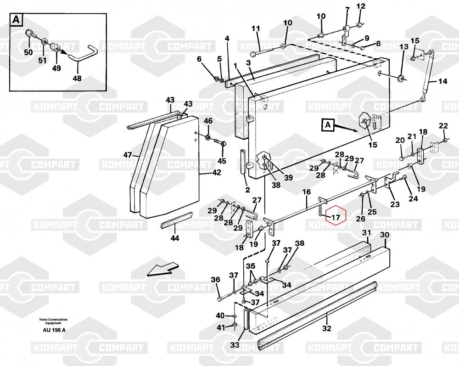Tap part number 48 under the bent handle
coord(77,79)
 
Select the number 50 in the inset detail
coord(28,52)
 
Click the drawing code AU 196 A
coord(54,330)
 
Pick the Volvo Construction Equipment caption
coord(53,321)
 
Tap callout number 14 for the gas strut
coord(443,81)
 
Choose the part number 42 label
coord(217,173)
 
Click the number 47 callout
coord(128,155)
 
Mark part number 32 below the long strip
coord(327,328)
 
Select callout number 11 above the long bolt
coord(256,28)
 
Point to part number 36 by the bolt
coord(215,279)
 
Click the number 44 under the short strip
coord(175,238)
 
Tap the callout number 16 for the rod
coord(307,192)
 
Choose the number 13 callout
coord(403,46)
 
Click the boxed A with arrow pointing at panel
coord(328,125)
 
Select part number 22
coord(443,126)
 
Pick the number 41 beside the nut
coord(221,327)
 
